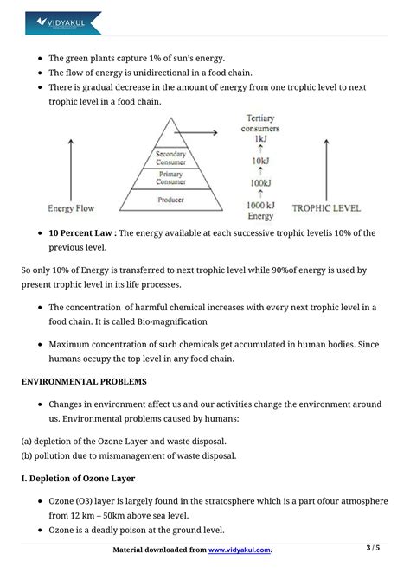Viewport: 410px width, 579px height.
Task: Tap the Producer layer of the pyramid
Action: coord(170,200)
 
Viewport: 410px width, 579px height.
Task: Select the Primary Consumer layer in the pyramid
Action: coord(170,179)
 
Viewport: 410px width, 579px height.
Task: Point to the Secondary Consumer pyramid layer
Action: coord(170,158)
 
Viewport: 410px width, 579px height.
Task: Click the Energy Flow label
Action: coord(72,208)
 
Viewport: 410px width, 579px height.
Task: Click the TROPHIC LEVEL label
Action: coord(326,208)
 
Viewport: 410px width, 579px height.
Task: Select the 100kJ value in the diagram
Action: coord(259,182)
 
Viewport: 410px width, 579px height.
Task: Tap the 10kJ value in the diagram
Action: coord(259,161)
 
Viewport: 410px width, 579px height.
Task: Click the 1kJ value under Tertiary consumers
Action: coord(259,139)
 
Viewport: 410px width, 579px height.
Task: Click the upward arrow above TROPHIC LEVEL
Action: coord(326,164)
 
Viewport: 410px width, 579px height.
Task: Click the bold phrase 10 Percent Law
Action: coord(81,233)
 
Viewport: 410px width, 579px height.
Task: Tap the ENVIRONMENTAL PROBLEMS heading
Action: coord(84,380)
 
